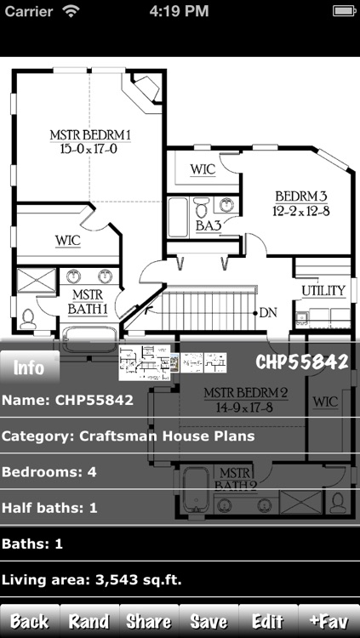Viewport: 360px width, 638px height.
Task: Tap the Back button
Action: pos(30,621)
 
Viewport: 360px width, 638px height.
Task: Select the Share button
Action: pos(149,621)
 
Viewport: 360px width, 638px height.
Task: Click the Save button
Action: pos(209,621)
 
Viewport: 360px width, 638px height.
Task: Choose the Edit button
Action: pos(268,621)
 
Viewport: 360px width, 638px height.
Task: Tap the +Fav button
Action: pos(329,621)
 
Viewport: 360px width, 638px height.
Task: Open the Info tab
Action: pos(30,367)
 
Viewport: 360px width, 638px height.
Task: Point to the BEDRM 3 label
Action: pos(294,202)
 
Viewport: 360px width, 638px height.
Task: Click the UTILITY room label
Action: pos(323,291)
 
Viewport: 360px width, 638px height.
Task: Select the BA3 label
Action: pos(209,226)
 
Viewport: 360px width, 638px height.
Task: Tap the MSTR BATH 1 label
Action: pos(82,301)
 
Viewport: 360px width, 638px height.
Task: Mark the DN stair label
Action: pos(268,312)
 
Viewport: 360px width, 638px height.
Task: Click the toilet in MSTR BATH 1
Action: pos(29,318)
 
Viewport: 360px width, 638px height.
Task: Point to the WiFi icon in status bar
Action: pos(70,12)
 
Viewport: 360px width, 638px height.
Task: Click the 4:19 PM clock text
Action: pos(179,12)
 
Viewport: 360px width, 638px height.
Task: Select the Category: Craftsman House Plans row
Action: pos(129,436)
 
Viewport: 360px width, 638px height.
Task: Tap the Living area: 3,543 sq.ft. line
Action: pos(92,580)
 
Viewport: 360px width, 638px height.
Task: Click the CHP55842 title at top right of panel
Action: pos(302,362)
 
